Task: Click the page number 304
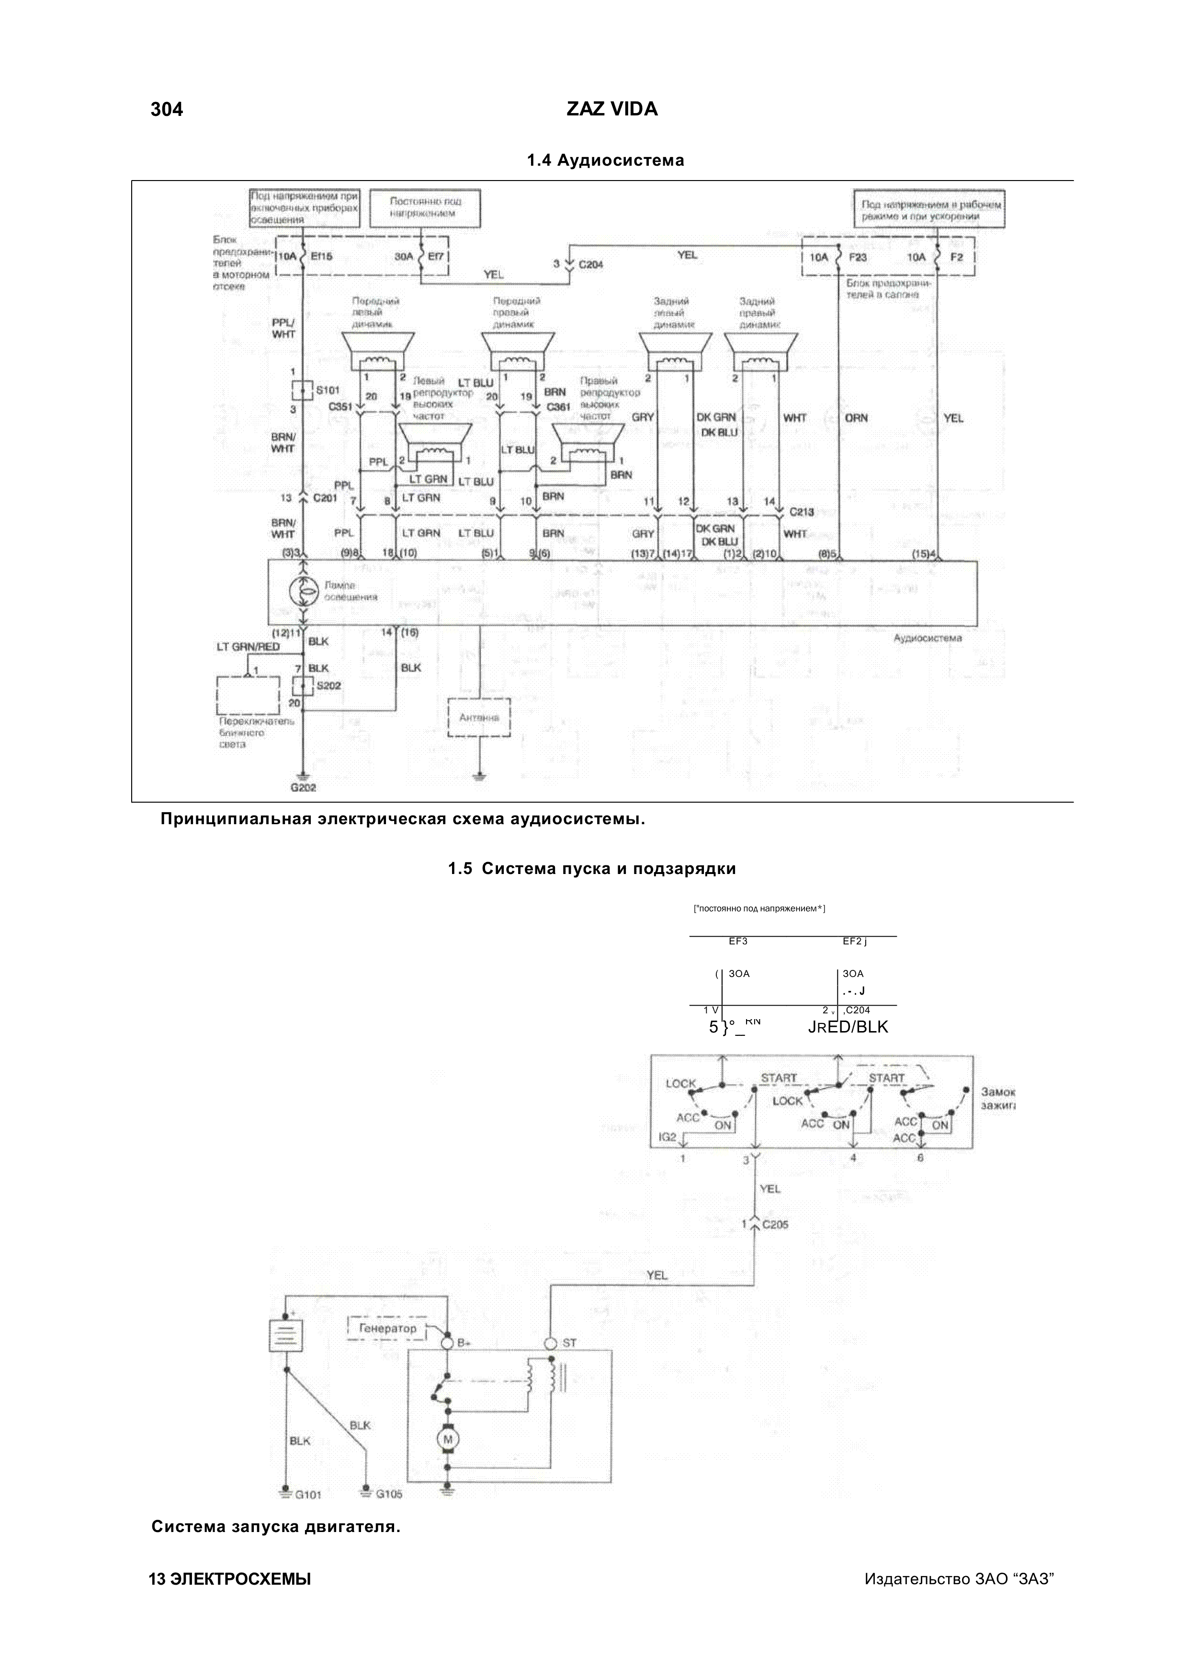167,110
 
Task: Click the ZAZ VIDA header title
611,110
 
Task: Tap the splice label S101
327,391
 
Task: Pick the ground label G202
303,788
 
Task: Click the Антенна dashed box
479,718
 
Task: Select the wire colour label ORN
856,418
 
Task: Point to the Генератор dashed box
387,1328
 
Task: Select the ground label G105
388,1494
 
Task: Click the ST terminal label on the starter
569,1343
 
